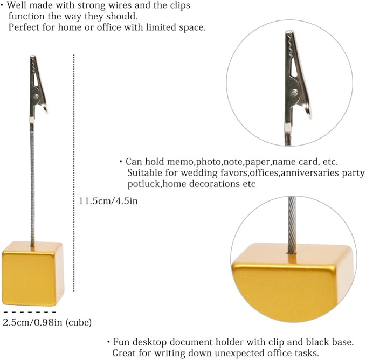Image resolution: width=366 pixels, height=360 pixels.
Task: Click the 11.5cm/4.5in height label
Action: click(x=108, y=201)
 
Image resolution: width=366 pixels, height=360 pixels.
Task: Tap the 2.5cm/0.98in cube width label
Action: click(x=47, y=322)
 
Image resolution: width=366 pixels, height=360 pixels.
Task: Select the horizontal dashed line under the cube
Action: click(x=30, y=312)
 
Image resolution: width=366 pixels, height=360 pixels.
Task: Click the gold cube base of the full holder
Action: click(x=33, y=274)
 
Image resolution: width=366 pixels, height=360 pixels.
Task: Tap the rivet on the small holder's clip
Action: click(x=37, y=95)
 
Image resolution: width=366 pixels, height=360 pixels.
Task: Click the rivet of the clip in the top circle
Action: click(x=294, y=92)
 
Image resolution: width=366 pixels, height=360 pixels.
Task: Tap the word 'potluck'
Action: click(x=144, y=184)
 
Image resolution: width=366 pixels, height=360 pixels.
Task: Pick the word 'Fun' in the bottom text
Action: click(x=120, y=342)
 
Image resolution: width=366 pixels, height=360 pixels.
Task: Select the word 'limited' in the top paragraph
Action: click(x=161, y=27)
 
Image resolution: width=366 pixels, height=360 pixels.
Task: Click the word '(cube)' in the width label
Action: click(x=79, y=322)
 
